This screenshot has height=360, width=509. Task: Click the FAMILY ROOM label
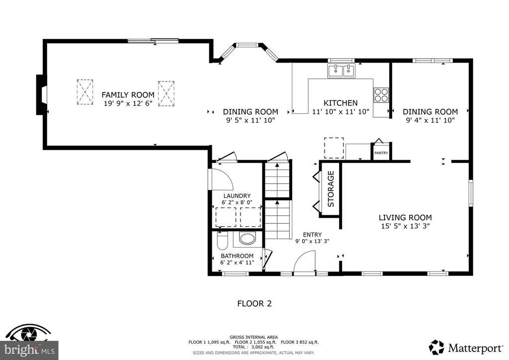[x=128, y=95]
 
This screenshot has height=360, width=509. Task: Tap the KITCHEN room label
[x=340, y=103]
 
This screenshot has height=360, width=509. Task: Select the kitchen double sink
[x=341, y=71]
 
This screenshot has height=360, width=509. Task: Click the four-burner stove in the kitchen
[x=381, y=95]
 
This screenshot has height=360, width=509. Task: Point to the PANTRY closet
[x=381, y=151]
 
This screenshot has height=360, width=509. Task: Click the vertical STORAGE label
[x=331, y=189]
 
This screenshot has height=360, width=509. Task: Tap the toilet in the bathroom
[x=222, y=241]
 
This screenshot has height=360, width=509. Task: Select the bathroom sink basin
[x=248, y=238]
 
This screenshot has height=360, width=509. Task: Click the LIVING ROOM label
[x=405, y=217]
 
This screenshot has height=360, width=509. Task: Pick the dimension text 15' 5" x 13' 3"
[x=405, y=226]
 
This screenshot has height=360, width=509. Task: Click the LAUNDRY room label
[x=237, y=196]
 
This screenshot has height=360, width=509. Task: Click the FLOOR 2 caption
[x=254, y=303]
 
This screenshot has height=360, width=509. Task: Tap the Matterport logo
[x=466, y=348]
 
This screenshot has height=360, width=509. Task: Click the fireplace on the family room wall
[x=42, y=95]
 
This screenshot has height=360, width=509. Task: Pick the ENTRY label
[x=312, y=235]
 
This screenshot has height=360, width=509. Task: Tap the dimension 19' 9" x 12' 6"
[x=128, y=103]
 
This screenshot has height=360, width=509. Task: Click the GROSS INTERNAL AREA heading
[x=254, y=337]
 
